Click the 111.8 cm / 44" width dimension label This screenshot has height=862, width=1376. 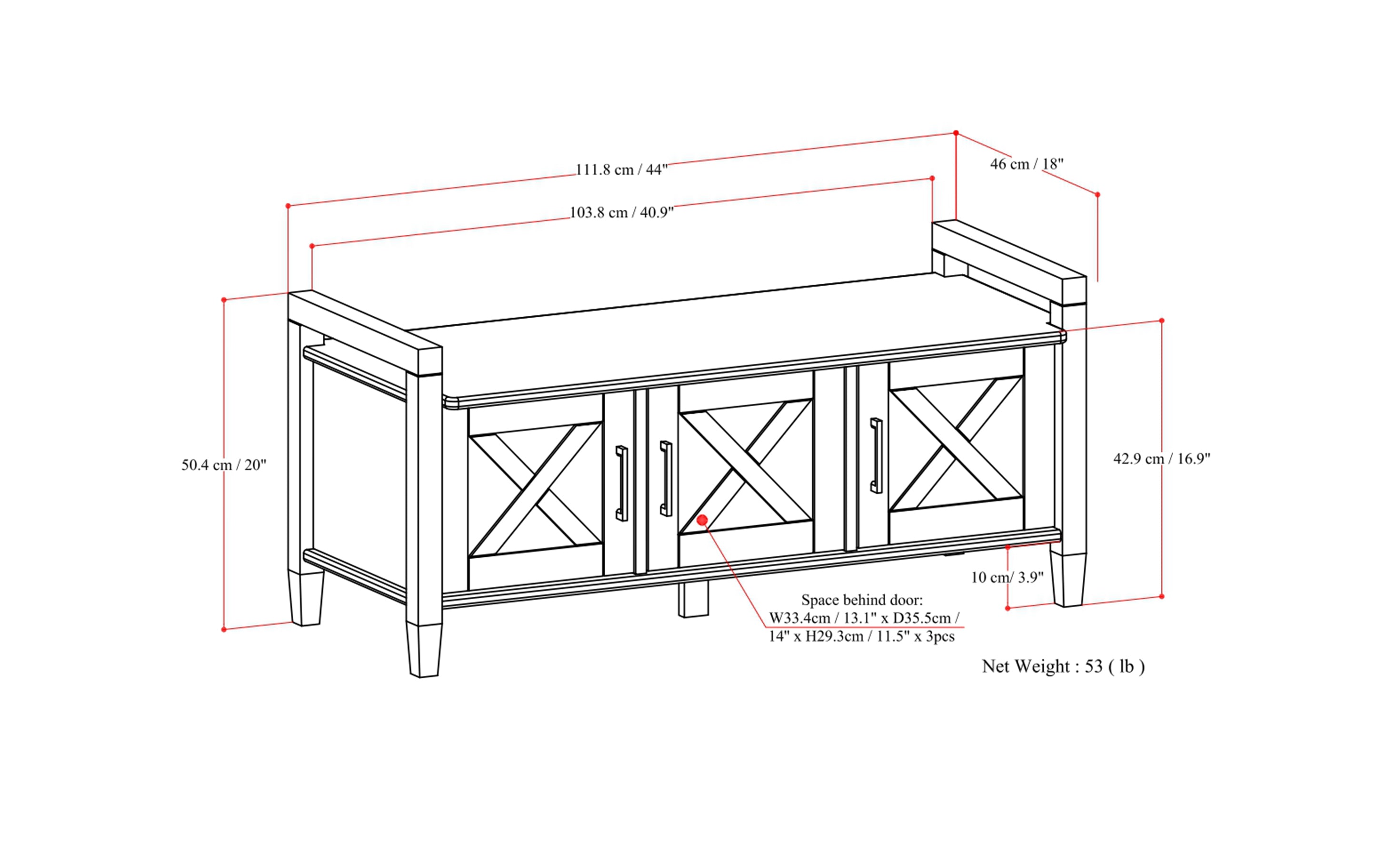click(x=621, y=170)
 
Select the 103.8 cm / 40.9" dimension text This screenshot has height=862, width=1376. click(x=621, y=212)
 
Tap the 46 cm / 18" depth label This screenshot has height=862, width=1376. click(x=1026, y=164)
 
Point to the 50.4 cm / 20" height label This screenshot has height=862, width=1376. click(x=223, y=465)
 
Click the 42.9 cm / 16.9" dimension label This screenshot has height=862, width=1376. click(x=1161, y=458)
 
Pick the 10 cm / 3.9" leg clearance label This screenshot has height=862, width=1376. click(x=1007, y=577)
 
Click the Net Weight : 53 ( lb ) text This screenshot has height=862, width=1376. click(x=1063, y=666)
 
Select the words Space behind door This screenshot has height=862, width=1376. click(x=861, y=600)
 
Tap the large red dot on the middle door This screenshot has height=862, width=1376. click(x=702, y=520)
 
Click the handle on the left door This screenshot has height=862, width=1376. click(x=621, y=483)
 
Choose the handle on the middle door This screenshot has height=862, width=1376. click(x=666, y=478)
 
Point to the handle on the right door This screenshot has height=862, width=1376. click(x=876, y=455)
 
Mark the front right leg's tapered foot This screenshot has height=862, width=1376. click(x=1067, y=579)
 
